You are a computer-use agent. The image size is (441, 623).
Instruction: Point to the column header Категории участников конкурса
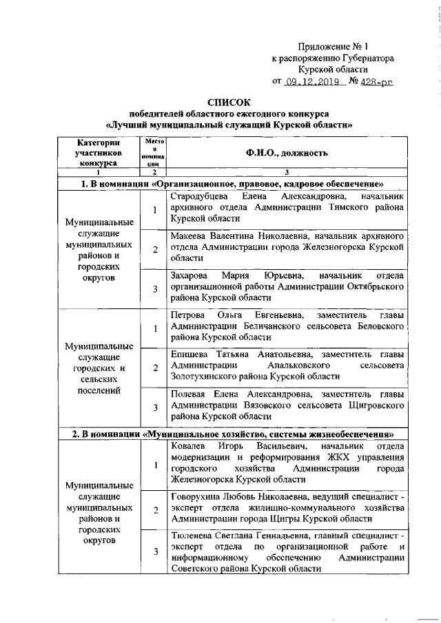tap(99, 152)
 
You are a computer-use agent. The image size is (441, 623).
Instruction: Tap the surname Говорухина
tap(196, 496)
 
